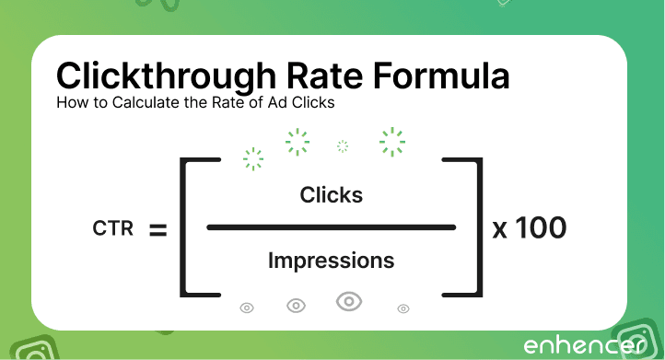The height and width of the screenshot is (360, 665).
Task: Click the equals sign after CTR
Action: [157, 228]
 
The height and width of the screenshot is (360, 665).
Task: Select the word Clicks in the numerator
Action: [332, 195]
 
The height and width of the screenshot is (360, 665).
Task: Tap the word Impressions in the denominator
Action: [332, 261]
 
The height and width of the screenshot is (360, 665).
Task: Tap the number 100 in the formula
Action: [541, 227]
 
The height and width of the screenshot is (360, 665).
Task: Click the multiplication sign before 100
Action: [500, 228]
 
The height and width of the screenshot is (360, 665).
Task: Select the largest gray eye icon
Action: [348, 301]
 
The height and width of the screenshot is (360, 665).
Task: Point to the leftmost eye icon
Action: [247, 308]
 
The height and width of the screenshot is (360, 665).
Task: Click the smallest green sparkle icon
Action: [343, 145]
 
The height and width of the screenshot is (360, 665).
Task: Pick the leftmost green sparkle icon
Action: [252, 158]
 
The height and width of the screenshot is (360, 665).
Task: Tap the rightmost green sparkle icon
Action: [392, 141]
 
